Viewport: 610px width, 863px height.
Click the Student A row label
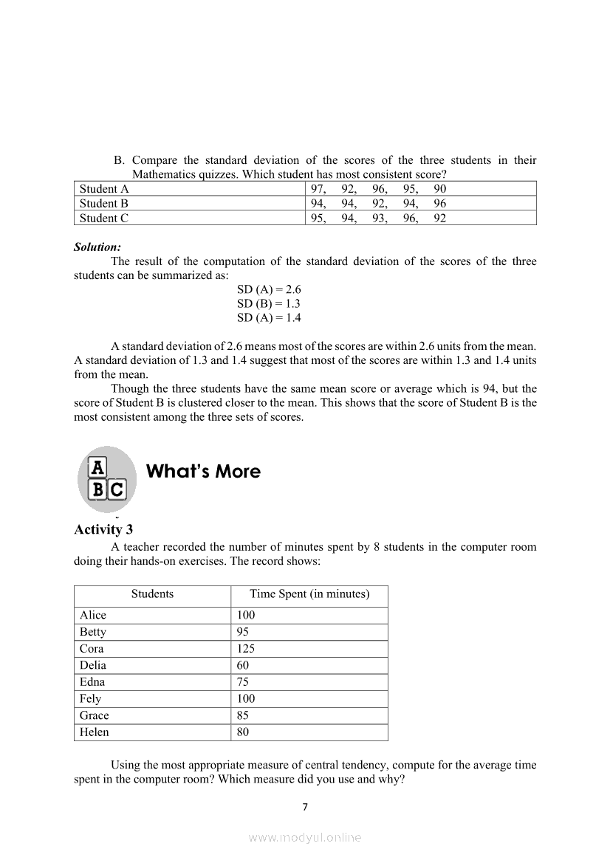click(104, 189)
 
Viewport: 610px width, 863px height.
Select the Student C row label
click(104, 218)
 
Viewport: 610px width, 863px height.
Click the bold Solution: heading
click(97, 247)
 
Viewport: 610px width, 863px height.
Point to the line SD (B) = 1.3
click(268, 304)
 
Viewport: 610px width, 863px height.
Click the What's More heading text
click(204, 472)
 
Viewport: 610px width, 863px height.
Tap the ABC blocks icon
click(107, 478)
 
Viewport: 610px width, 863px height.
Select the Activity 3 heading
click(103, 529)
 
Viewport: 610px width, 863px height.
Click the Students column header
click(152, 594)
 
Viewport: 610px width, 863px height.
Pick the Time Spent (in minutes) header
click(309, 594)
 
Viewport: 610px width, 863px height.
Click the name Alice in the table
click(93, 616)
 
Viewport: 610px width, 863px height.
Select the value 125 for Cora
click(245, 649)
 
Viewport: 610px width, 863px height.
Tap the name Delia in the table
click(93, 666)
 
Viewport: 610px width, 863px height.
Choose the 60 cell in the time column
click(243, 666)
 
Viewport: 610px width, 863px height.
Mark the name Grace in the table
click(94, 716)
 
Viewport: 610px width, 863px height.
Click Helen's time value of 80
click(243, 733)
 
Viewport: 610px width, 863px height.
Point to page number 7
click(305, 807)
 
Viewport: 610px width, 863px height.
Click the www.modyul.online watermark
click(305, 838)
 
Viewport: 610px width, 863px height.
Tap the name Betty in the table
click(93, 633)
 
